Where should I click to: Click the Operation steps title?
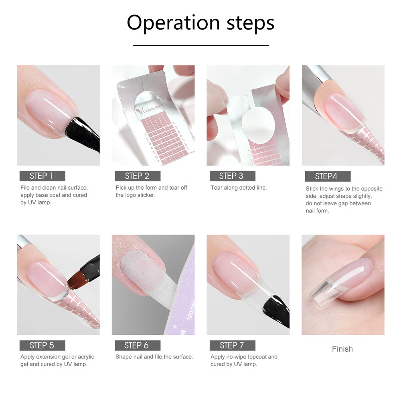[x=200, y=23]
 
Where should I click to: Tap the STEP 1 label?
[x=42, y=176]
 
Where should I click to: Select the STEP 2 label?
[x=137, y=176]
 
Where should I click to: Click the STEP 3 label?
[x=232, y=176]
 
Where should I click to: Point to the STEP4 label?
[x=327, y=176]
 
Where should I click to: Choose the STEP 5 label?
[x=42, y=346]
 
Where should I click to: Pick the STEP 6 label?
[x=137, y=346]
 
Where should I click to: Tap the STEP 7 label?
[x=232, y=346]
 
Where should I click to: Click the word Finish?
[x=342, y=349]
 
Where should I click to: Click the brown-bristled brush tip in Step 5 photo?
[x=75, y=279]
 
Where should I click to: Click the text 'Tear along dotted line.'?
[x=239, y=188]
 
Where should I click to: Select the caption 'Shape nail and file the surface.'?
[x=154, y=357]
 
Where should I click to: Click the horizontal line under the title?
[x=200, y=46]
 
